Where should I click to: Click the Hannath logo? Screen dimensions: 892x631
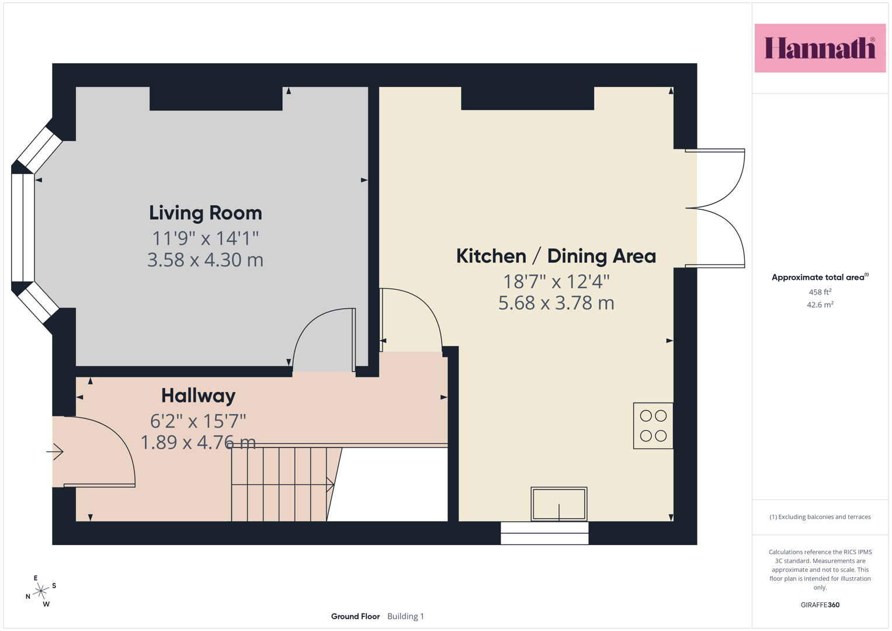click(x=820, y=48)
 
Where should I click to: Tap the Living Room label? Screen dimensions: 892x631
click(x=206, y=213)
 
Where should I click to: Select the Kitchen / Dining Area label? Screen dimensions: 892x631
click(x=556, y=256)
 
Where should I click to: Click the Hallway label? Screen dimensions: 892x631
click(x=198, y=396)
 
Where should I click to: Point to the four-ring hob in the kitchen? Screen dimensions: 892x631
click(x=653, y=426)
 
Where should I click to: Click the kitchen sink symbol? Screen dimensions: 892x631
click(x=558, y=504)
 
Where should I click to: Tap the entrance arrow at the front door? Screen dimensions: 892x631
click(x=55, y=452)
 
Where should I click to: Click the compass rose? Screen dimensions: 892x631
click(x=41, y=591)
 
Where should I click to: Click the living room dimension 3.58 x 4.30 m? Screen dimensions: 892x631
click(x=206, y=260)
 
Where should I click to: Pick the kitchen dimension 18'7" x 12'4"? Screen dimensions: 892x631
click(x=556, y=282)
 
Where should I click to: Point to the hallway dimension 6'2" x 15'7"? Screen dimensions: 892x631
click(x=198, y=421)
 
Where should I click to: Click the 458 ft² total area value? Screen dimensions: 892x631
click(x=820, y=292)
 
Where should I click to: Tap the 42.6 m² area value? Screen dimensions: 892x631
click(x=820, y=305)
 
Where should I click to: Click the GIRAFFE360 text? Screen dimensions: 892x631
click(x=820, y=605)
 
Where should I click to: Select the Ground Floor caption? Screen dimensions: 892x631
click(x=355, y=616)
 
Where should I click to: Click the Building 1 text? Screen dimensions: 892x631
click(x=405, y=616)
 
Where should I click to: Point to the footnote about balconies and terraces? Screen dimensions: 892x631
click(x=820, y=516)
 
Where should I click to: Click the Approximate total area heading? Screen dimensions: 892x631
click(x=820, y=277)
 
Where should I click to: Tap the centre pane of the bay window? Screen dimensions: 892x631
click(x=23, y=228)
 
